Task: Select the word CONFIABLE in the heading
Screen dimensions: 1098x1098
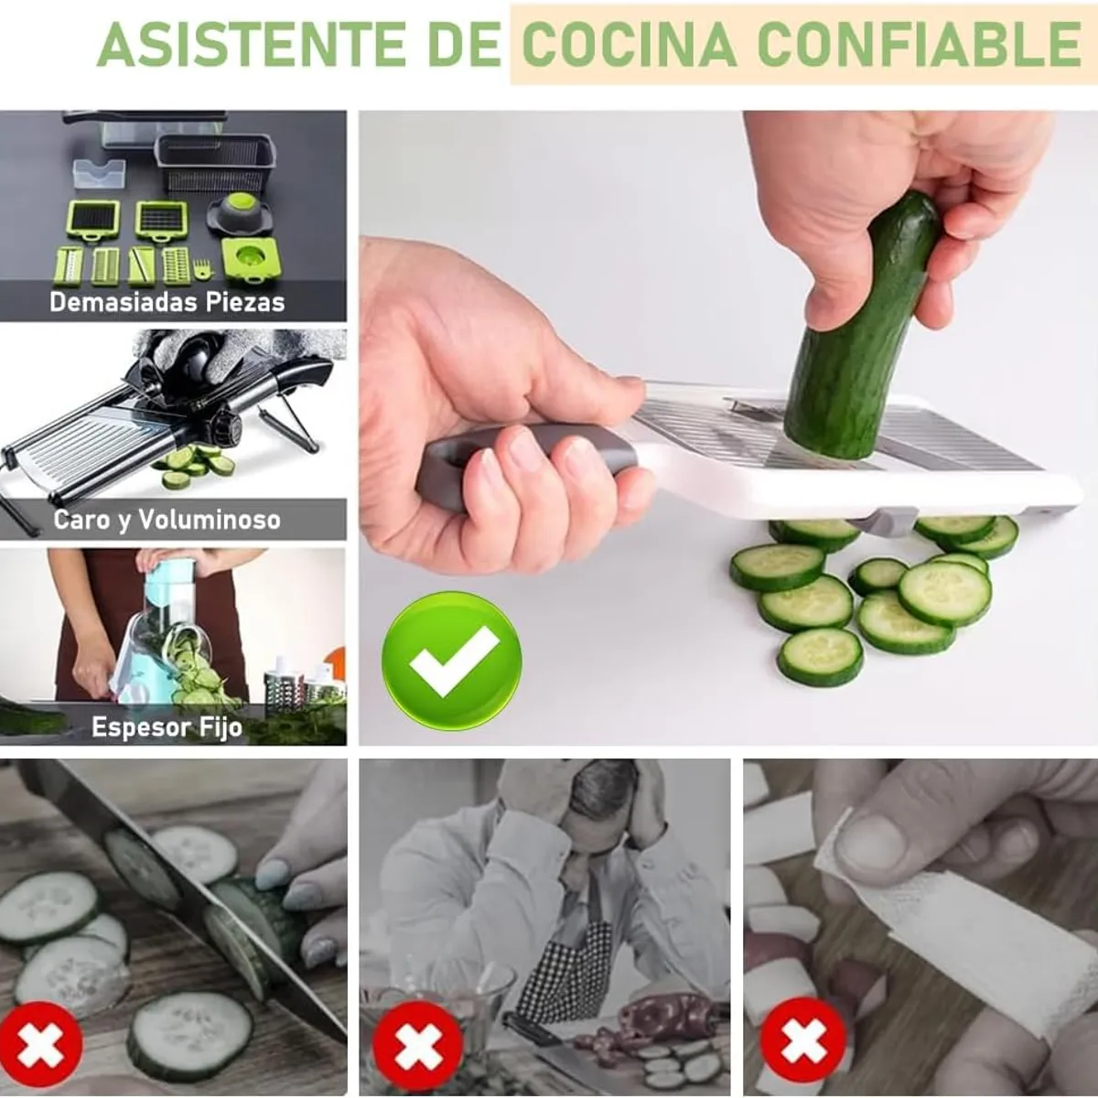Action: (920, 43)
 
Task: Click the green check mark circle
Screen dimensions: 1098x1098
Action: (451, 661)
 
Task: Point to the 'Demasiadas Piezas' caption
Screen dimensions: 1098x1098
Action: (167, 302)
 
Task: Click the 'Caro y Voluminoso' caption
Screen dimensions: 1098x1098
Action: (167, 520)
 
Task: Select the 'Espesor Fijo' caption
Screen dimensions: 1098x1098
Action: (167, 727)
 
